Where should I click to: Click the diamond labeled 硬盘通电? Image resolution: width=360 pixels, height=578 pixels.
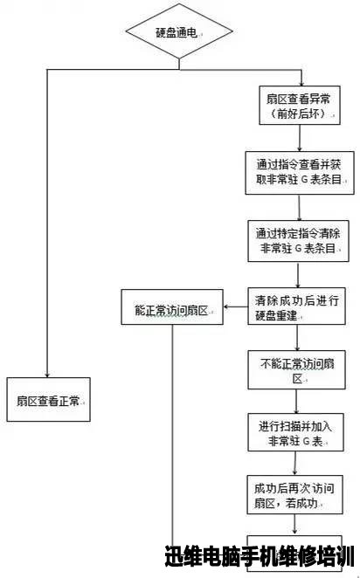coord(179,31)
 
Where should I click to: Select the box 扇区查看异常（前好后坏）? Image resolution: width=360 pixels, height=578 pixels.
coord(300,106)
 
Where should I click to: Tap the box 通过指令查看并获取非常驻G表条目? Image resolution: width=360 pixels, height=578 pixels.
coord(300,173)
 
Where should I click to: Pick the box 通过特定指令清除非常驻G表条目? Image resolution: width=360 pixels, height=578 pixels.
coord(299,241)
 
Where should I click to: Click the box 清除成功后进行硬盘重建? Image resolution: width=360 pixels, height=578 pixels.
coord(296,306)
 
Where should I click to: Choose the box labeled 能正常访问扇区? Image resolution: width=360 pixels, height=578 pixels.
coord(172,307)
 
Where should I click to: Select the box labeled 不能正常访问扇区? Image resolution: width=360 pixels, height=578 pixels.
coord(296,370)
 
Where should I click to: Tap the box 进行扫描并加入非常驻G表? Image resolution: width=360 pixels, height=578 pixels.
coord(296,432)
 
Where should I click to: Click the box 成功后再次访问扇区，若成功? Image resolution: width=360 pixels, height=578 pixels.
coord(295,495)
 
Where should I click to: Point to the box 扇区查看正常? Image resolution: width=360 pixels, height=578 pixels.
coord(48,400)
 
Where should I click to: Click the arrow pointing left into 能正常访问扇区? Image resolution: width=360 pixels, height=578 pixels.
coord(236,306)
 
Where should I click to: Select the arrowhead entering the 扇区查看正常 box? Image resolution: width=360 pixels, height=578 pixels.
coord(47,375)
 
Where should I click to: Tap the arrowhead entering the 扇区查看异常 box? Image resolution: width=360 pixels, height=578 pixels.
coord(301,83)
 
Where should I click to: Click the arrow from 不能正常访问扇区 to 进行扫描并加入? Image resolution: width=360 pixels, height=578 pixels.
coord(296,401)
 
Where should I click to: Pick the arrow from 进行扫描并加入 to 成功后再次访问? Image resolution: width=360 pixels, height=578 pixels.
coord(295,464)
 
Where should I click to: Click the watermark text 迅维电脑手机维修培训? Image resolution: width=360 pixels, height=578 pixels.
coord(260,556)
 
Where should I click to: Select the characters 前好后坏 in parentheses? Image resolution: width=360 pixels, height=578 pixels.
coord(300,114)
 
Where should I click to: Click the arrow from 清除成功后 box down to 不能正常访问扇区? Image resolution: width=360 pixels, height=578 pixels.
coord(297,338)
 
